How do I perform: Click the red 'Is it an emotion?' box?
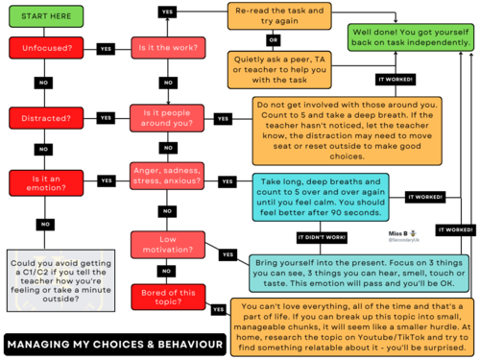pyautogui.click(x=42, y=182)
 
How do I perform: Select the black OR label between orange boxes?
pyautogui.click(x=274, y=41)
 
